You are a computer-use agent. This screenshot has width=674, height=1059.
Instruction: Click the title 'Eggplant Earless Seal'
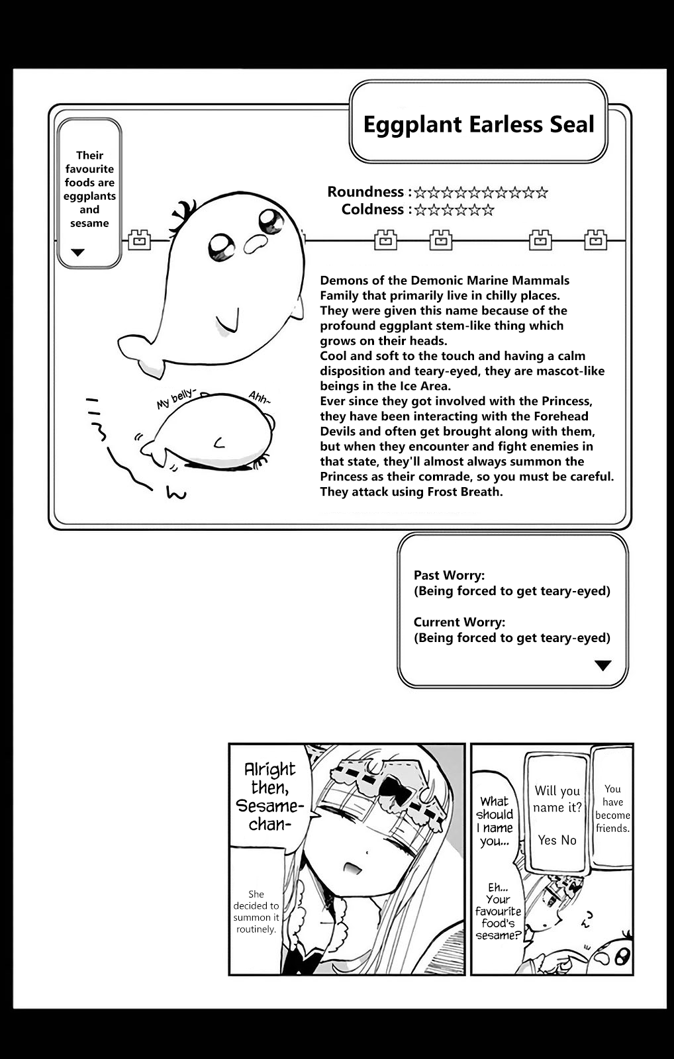(x=479, y=124)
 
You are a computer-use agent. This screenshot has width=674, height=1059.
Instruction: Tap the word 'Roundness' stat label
(x=365, y=192)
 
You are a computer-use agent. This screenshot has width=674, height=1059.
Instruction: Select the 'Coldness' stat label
(x=372, y=210)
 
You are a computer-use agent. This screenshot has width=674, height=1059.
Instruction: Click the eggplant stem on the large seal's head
(x=181, y=215)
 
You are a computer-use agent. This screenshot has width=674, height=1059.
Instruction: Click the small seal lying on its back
(x=212, y=434)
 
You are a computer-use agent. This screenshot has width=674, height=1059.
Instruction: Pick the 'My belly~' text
(x=175, y=399)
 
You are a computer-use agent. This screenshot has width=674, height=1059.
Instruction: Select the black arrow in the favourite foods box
(x=78, y=252)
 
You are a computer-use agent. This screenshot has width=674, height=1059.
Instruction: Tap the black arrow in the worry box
(x=602, y=666)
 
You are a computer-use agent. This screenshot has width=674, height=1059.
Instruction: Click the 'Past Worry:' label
(x=449, y=575)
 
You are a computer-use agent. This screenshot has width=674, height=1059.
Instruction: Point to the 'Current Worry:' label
(x=459, y=622)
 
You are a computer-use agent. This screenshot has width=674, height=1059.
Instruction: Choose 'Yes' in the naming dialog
(x=547, y=840)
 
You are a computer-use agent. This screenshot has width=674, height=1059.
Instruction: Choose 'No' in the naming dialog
(x=569, y=840)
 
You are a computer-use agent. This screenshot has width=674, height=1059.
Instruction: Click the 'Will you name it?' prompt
(x=557, y=799)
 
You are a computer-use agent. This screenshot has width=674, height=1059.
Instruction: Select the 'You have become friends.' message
(x=612, y=808)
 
